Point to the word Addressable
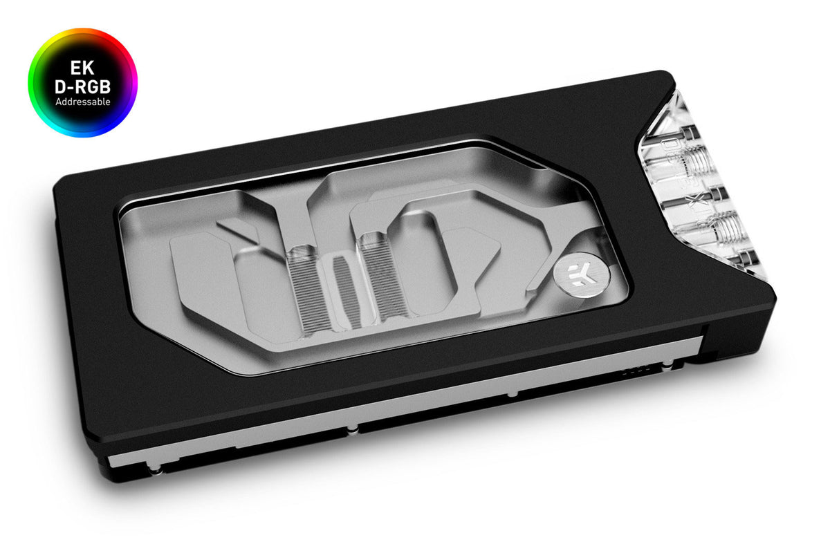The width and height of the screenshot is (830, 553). (82, 102)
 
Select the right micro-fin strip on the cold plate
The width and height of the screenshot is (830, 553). (377, 274)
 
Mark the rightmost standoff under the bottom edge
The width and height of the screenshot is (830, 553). (511, 393)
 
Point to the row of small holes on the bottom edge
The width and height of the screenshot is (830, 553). (631, 370)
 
